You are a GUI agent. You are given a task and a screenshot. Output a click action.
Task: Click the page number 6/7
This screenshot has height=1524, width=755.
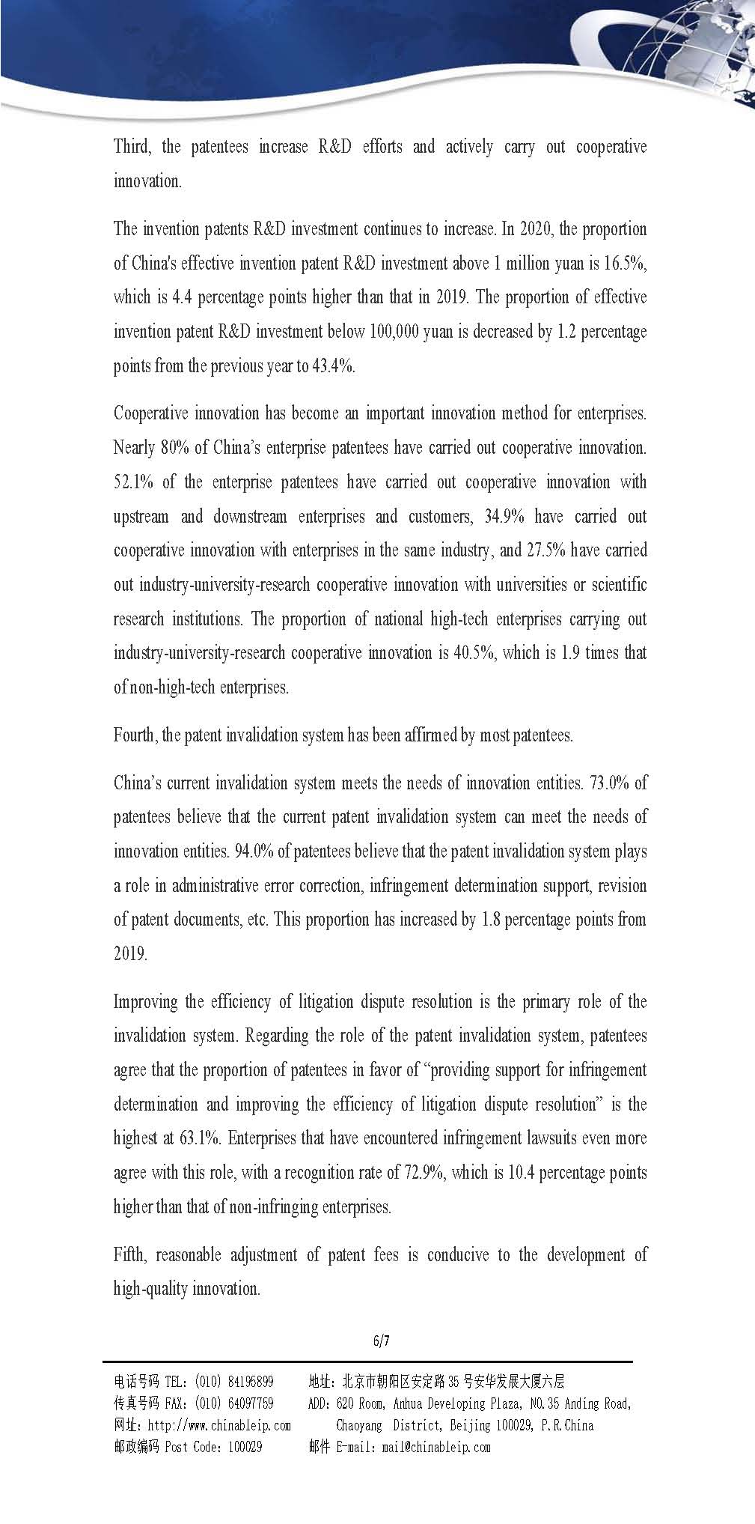pos(382,1341)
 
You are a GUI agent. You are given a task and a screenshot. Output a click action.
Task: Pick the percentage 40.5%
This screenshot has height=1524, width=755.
pos(475,653)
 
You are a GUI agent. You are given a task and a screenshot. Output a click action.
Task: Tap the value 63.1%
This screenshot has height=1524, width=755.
pos(200,1138)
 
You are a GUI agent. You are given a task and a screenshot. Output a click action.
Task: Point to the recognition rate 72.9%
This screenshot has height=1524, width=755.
pos(424,1173)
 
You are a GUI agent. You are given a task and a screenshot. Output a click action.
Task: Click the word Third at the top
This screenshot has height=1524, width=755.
pos(132,147)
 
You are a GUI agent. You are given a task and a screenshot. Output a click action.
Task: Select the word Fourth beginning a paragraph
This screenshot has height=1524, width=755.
pos(135,735)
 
